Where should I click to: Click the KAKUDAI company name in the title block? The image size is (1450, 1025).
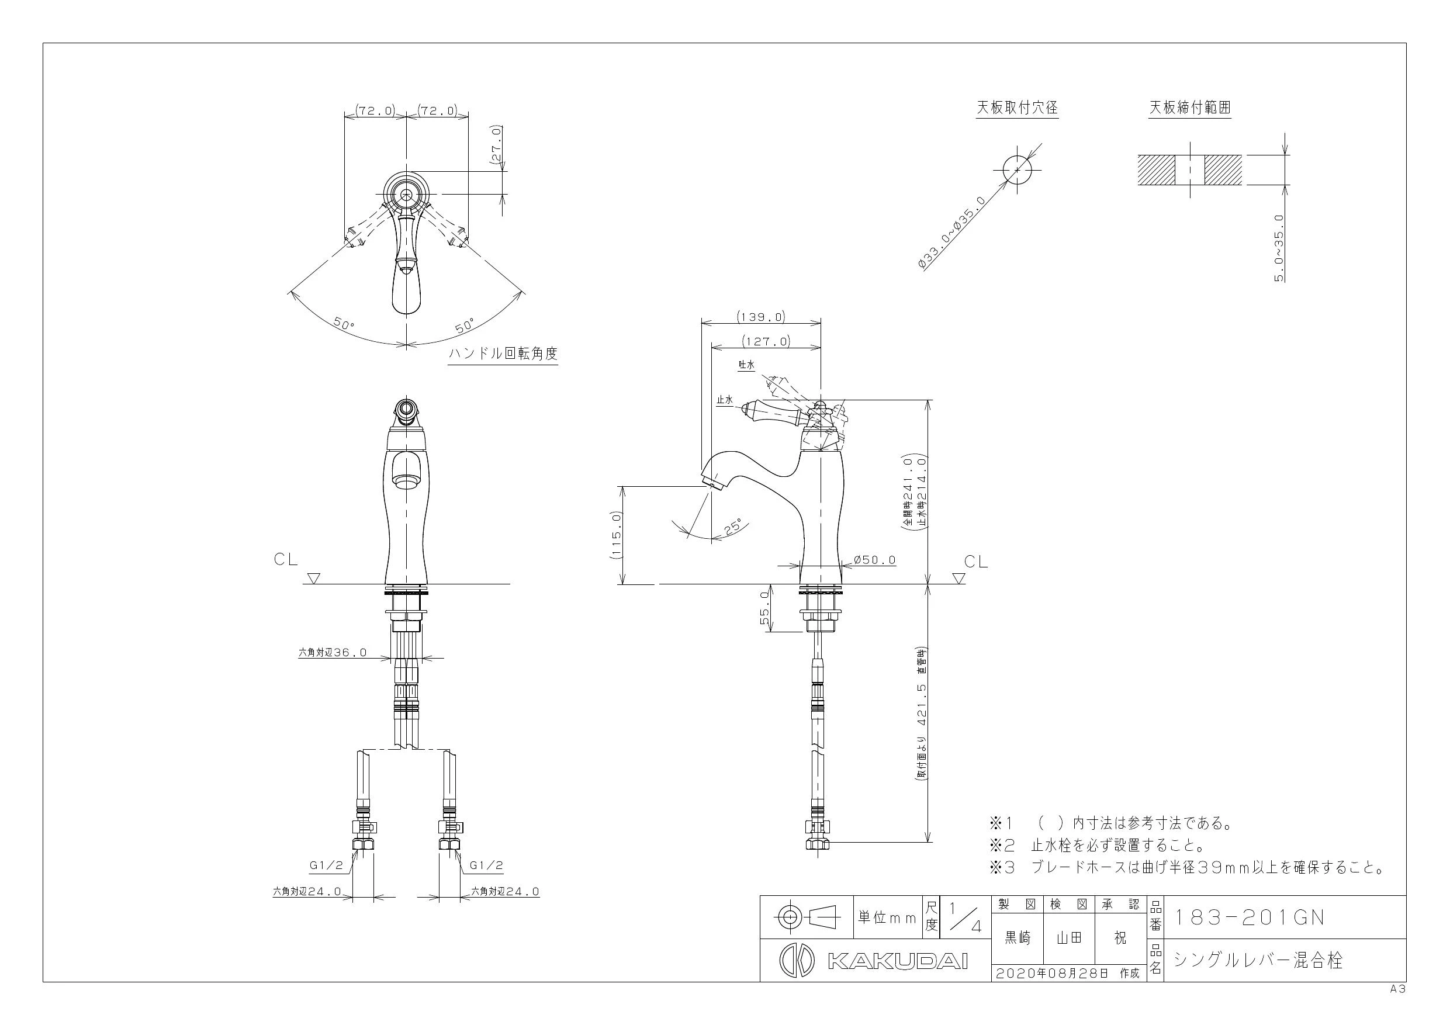897,961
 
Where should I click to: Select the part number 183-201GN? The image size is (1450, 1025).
1248,917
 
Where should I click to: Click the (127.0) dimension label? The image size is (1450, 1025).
766,341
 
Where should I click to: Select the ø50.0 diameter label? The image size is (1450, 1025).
874,560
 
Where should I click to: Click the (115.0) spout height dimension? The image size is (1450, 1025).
617,535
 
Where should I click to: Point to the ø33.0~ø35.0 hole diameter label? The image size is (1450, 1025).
951,233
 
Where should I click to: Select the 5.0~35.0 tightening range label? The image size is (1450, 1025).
1279,248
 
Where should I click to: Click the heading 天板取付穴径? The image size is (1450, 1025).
1017,108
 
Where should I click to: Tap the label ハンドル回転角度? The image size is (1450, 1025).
503,354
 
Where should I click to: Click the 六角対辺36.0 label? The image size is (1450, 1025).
332,652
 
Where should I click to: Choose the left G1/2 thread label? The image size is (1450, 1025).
327,865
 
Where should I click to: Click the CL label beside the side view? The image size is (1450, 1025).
977,562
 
